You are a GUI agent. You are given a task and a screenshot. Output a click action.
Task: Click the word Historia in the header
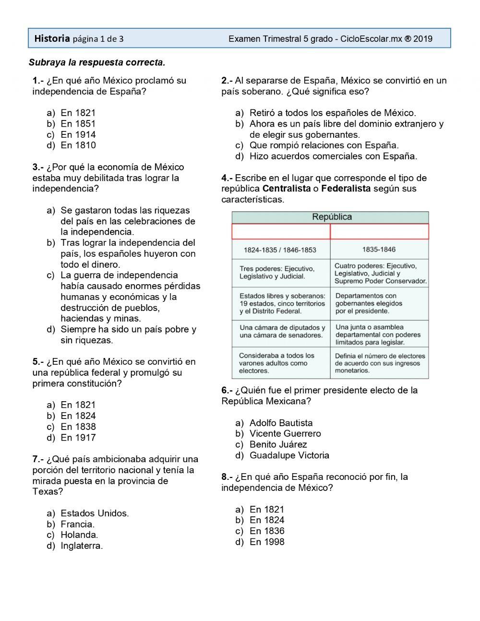click(52, 38)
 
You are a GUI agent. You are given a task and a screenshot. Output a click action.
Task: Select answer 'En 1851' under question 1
click(78, 124)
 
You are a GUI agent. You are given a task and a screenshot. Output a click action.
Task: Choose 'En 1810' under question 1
click(78, 145)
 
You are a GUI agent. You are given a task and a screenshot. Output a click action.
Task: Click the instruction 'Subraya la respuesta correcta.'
click(97, 62)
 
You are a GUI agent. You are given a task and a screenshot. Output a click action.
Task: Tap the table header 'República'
click(332, 217)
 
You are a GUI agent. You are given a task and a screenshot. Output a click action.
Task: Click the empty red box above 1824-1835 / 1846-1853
click(281, 232)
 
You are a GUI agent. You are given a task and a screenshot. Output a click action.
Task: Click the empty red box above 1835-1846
click(379, 232)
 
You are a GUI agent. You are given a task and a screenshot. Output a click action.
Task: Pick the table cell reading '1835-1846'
click(379, 250)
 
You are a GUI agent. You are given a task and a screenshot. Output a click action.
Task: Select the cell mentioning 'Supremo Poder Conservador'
click(380, 273)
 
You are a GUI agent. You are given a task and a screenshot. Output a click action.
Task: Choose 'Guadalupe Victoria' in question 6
click(289, 455)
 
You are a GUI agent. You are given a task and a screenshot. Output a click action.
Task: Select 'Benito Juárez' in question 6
click(278, 445)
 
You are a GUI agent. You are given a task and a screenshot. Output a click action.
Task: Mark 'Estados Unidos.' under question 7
click(95, 514)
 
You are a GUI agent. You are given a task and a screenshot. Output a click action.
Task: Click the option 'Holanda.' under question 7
click(79, 535)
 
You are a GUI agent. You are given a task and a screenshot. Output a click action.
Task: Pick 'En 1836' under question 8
click(267, 531)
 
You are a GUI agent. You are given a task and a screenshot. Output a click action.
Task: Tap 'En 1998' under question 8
click(267, 542)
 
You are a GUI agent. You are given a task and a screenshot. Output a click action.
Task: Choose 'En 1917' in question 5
click(78, 438)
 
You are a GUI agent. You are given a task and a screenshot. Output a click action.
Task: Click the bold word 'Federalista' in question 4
click(346, 189)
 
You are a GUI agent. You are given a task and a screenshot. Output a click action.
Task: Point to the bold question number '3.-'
click(38, 167)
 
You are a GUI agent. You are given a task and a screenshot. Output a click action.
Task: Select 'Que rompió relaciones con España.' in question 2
click(324, 145)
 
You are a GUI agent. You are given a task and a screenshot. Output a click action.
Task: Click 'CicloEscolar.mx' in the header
click(371, 39)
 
